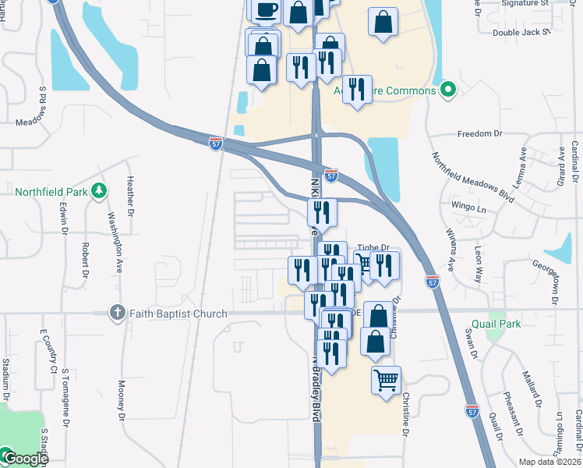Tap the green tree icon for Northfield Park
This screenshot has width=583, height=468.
pos(98,190)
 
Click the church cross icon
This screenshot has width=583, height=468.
pos(117,314)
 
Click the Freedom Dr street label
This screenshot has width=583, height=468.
pos(479,133)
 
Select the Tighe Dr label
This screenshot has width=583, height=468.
pos(373,247)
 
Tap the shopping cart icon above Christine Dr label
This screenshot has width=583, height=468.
pos(387,381)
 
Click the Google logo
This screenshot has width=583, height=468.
pos(25,459)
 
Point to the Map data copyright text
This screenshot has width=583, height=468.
pos(549,462)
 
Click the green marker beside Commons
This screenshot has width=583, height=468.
pos(447,91)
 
